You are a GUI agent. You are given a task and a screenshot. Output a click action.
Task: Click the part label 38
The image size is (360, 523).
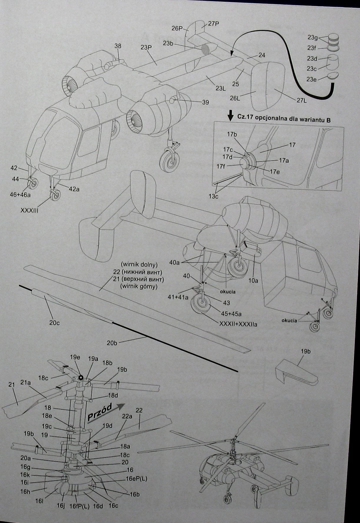[x=118, y=46]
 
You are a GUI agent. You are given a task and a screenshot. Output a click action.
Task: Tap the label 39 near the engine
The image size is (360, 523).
[x=205, y=102]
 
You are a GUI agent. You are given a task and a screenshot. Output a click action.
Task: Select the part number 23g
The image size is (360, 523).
[x=313, y=37]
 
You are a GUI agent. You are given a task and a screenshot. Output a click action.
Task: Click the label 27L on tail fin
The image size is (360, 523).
[x=302, y=100]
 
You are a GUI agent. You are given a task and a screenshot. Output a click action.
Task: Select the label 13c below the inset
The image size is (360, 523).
[x=214, y=196]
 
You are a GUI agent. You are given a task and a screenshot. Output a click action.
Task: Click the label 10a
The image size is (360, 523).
[x=253, y=280]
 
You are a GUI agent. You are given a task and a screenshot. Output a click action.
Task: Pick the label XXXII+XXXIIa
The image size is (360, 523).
[x=238, y=324]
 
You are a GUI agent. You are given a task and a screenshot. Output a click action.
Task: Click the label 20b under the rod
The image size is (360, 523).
[x=112, y=343]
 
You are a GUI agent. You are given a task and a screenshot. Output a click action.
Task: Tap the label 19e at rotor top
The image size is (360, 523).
[x=75, y=357]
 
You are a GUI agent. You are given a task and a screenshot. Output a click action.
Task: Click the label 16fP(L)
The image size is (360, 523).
[x=80, y=506]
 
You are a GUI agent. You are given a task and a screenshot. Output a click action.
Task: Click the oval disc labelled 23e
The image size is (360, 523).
[x=332, y=76]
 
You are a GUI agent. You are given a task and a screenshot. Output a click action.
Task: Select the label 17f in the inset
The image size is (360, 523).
[x=221, y=166]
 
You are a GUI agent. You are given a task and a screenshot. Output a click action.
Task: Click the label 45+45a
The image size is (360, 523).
[x=231, y=314]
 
